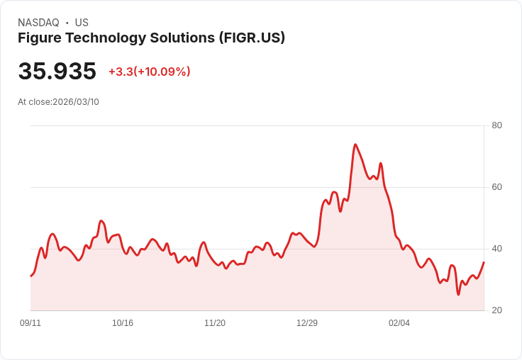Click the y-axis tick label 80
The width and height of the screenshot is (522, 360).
click(x=496, y=125)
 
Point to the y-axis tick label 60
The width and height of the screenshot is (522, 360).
click(x=496, y=187)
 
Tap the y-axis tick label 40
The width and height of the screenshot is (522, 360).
click(x=496, y=249)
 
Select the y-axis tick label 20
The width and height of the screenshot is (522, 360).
click(x=496, y=310)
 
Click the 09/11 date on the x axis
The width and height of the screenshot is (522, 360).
click(x=30, y=323)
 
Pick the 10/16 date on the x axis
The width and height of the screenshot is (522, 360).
click(x=123, y=323)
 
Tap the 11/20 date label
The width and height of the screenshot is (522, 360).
click(x=215, y=323)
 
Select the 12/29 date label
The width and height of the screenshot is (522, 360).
click(x=307, y=323)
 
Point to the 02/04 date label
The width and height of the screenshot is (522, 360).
click(x=399, y=323)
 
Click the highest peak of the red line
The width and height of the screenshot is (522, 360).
click(x=355, y=145)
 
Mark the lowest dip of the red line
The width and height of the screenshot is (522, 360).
click(x=458, y=294)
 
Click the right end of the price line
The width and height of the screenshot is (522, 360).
click(x=484, y=262)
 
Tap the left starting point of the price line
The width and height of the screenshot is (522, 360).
click(x=30, y=276)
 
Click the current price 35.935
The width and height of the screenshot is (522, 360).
click(x=57, y=72)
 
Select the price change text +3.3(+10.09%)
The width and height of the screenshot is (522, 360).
click(x=150, y=72)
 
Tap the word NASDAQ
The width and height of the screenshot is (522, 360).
click(x=38, y=23)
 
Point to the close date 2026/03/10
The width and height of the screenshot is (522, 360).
click(x=76, y=102)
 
